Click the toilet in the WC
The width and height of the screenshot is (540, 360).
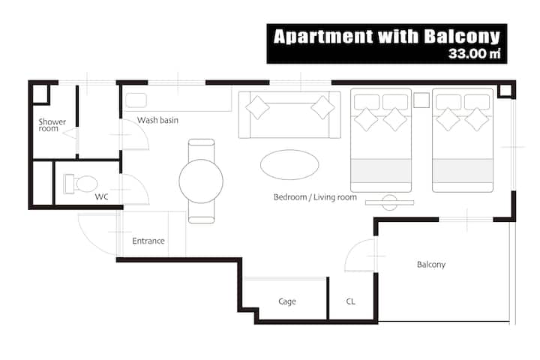point(81,184)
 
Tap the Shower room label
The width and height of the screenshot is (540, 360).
point(52,125)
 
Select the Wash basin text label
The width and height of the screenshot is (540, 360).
point(157,120)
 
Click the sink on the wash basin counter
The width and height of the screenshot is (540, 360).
point(136,100)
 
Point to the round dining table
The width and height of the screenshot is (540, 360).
point(201,181)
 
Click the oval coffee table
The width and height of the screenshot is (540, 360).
point(289,165)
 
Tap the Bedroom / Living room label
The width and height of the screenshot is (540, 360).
point(315,197)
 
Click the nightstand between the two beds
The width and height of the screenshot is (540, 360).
point(421,100)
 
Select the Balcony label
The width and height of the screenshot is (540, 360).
point(431,265)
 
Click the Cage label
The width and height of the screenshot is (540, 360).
point(287,301)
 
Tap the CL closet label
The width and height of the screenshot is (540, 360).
point(350,301)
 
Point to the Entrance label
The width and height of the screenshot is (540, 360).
point(148,241)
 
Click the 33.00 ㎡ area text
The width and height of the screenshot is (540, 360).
point(475,54)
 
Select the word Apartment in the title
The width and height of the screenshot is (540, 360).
point(323,37)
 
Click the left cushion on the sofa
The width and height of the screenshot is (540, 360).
point(257,107)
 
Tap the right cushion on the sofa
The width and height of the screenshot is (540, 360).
point(322,107)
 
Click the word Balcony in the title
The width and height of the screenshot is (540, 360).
point(462,37)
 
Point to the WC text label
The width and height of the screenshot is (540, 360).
point(101,196)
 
